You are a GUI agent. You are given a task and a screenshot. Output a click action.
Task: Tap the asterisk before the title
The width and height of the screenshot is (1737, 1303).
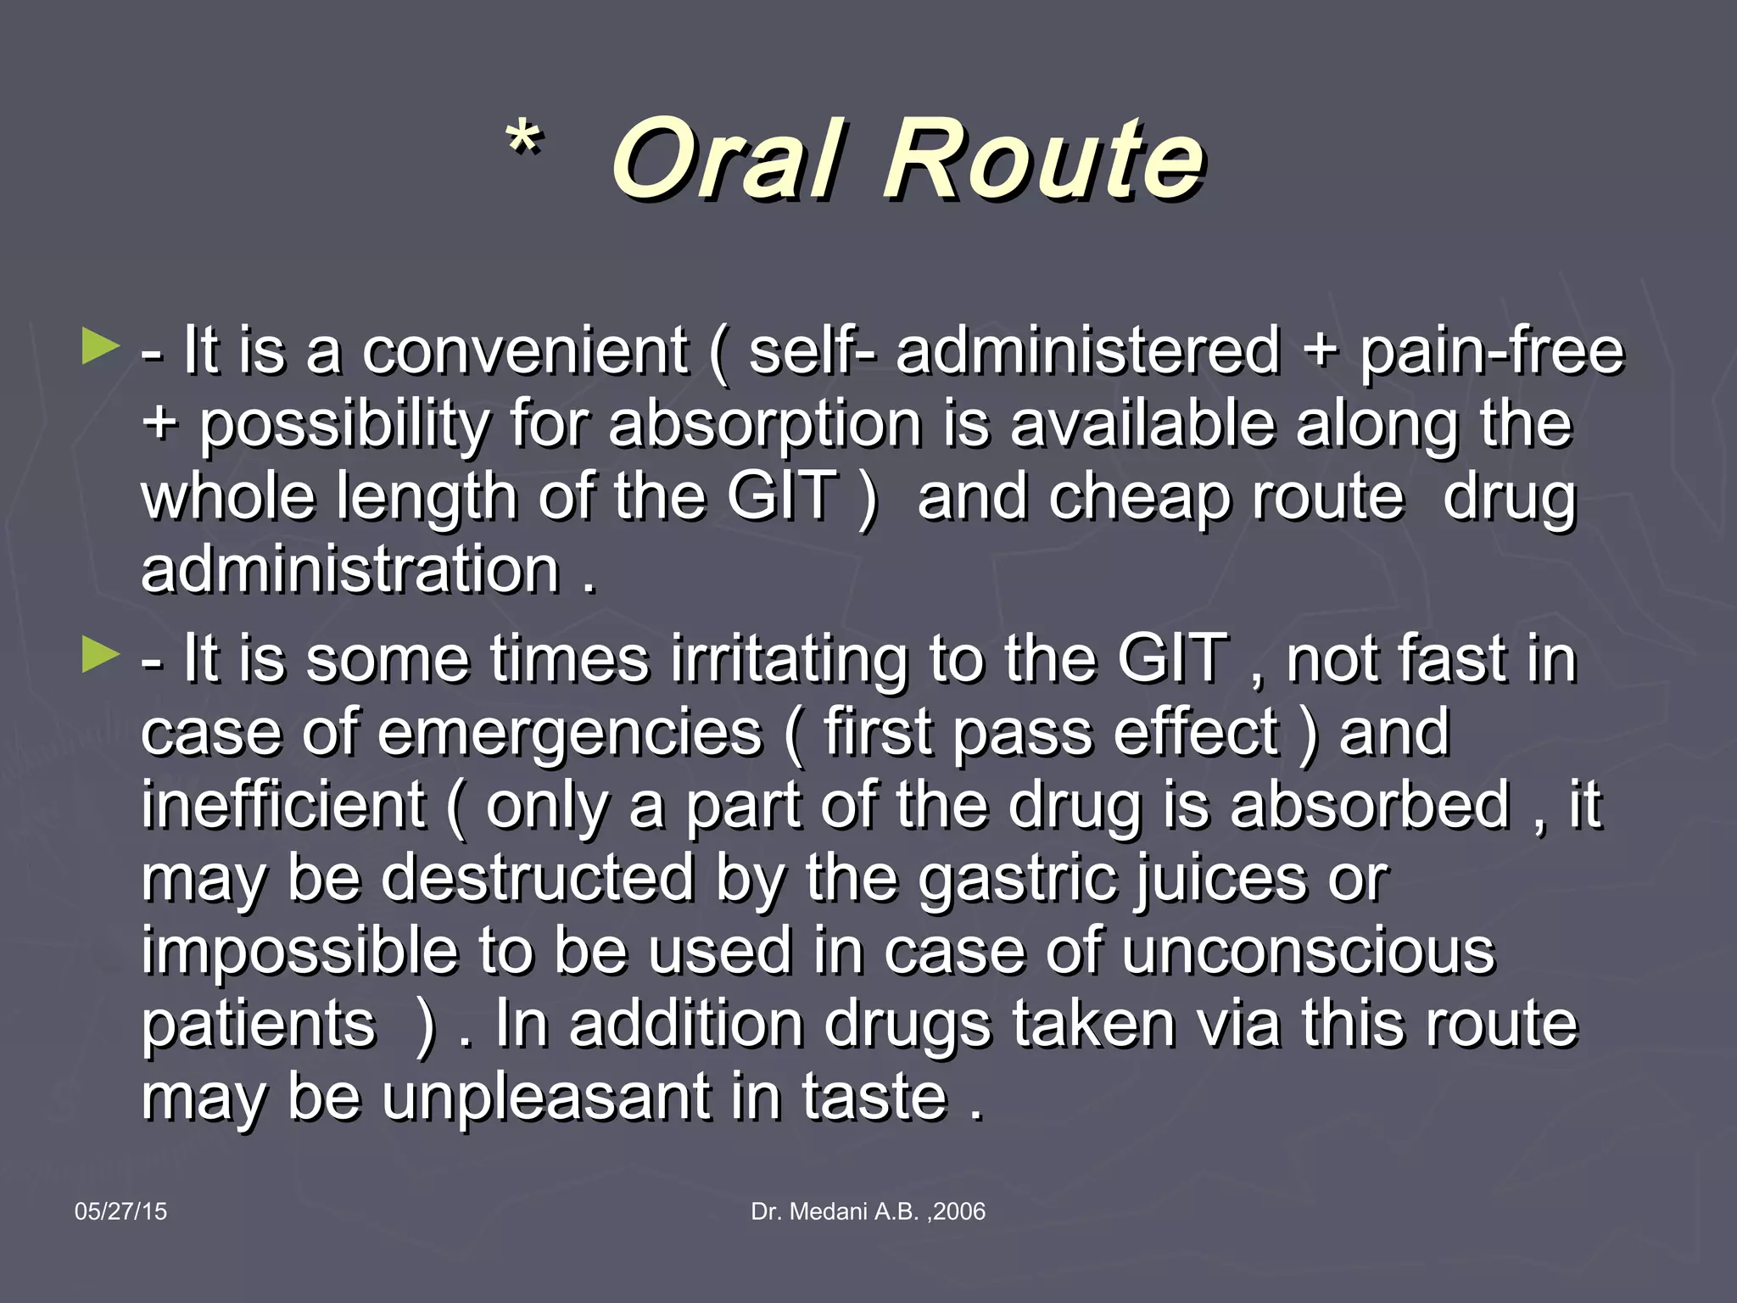[524, 140]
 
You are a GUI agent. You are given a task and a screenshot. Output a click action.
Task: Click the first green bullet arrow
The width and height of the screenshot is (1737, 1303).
[100, 348]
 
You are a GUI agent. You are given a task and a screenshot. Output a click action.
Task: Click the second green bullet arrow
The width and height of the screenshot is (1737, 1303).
[100, 656]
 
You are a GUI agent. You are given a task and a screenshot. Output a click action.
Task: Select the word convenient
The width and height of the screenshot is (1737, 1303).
[524, 350]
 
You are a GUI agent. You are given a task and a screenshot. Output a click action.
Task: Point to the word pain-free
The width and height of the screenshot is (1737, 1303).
[1492, 350]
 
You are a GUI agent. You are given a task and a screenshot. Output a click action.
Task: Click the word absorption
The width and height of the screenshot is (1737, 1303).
[764, 423]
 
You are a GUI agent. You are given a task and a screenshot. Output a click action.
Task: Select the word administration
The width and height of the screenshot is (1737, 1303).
[350, 569]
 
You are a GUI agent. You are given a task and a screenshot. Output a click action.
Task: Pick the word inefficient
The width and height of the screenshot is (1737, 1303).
[282, 805]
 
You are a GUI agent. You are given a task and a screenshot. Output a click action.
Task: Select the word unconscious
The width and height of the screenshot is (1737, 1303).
[1308, 951]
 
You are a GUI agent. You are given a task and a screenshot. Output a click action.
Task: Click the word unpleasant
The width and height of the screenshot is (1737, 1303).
[546, 1097]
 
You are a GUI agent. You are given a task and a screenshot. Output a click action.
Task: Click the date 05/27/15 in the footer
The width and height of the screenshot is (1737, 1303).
[120, 1211]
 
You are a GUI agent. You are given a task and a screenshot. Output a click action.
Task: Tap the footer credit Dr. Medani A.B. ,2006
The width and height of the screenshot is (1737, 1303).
[868, 1211]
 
